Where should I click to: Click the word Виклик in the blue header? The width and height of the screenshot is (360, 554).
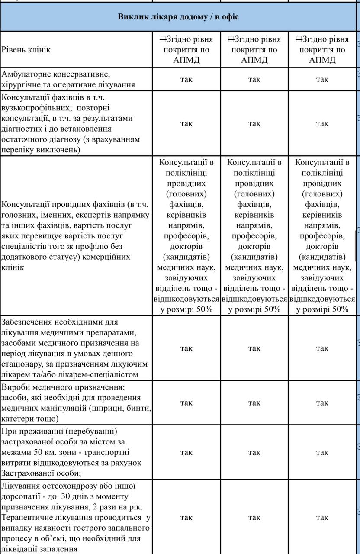[x=131, y=17]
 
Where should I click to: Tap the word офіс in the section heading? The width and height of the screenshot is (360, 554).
[x=229, y=17]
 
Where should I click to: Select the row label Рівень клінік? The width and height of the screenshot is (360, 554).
[x=26, y=49]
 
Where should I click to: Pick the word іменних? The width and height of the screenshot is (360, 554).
[x=45, y=215]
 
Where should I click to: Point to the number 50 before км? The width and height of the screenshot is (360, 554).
[x=37, y=452]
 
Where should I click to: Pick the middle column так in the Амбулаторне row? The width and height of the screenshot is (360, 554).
[x=254, y=79]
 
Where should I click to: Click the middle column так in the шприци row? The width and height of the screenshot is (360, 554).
[x=254, y=403]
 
